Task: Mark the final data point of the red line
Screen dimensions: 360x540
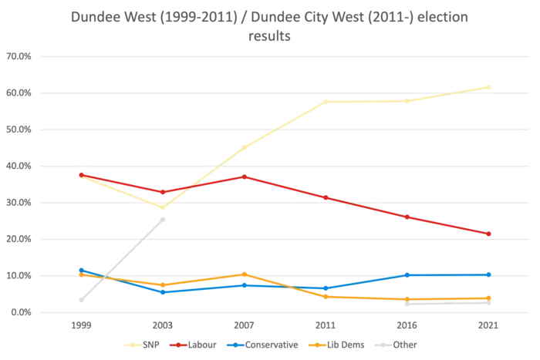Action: coord(489,234)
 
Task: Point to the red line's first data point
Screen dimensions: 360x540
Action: coord(81,174)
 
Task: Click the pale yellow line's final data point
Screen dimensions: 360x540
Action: coord(488,86)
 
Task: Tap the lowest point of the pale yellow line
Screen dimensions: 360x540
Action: coord(163,207)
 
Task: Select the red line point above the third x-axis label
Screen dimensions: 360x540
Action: coord(244,177)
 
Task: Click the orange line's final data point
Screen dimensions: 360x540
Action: coord(489,298)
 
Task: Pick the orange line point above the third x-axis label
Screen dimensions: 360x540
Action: coord(244,274)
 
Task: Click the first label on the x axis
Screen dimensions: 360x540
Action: coord(80,327)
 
